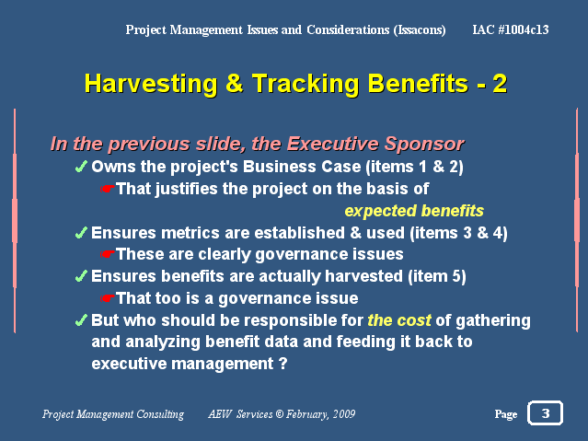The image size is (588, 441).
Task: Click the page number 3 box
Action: [x=545, y=412]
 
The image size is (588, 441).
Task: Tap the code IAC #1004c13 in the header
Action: [x=511, y=29]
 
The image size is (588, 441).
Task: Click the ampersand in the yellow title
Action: [x=235, y=83]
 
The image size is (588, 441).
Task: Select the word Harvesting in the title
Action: [x=151, y=84]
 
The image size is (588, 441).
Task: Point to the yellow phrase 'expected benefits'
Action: [x=414, y=211]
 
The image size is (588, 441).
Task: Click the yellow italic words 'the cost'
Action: [x=399, y=320]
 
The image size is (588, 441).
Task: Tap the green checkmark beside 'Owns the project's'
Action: [x=81, y=167]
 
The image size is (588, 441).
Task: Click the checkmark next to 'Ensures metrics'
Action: [x=81, y=233]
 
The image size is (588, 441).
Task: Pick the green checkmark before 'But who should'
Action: [x=81, y=320]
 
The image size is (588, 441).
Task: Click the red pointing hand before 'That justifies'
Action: [x=108, y=189]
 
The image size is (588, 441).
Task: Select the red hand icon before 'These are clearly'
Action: [x=108, y=254]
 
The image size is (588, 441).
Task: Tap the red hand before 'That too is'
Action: [x=108, y=298]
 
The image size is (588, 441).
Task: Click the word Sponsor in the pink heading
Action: [x=424, y=145]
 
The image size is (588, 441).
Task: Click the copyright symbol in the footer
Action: [x=280, y=414]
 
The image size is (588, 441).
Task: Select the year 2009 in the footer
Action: [x=344, y=414]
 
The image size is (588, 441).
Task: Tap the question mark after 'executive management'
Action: [x=282, y=364]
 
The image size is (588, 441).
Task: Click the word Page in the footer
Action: [x=506, y=414]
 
